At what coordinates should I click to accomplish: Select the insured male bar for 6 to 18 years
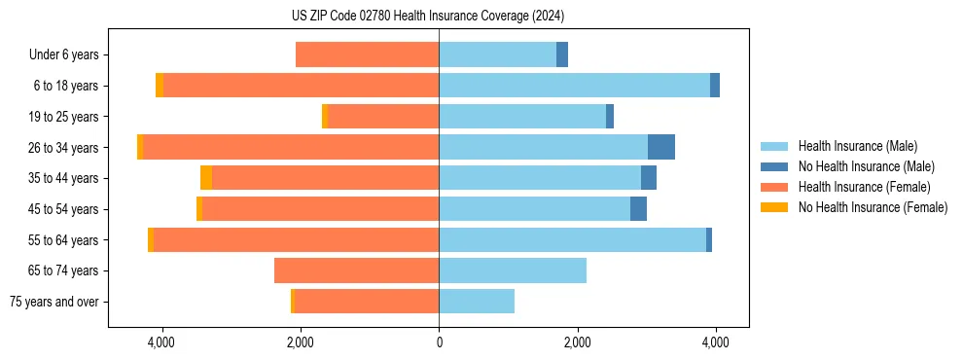(x=574, y=86)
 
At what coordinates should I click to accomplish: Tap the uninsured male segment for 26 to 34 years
(x=661, y=147)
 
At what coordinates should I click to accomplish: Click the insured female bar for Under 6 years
(x=367, y=54)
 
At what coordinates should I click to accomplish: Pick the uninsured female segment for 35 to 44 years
(x=206, y=178)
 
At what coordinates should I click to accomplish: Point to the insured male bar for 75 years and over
(x=477, y=302)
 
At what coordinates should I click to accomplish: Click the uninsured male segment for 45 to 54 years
(x=638, y=209)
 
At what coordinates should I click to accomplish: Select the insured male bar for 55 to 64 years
(x=572, y=239)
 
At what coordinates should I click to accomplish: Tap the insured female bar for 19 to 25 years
(x=383, y=117)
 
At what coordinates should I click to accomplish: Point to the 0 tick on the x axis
(x=439, y=342)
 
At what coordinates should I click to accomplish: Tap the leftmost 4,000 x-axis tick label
(x=161, y=342)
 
